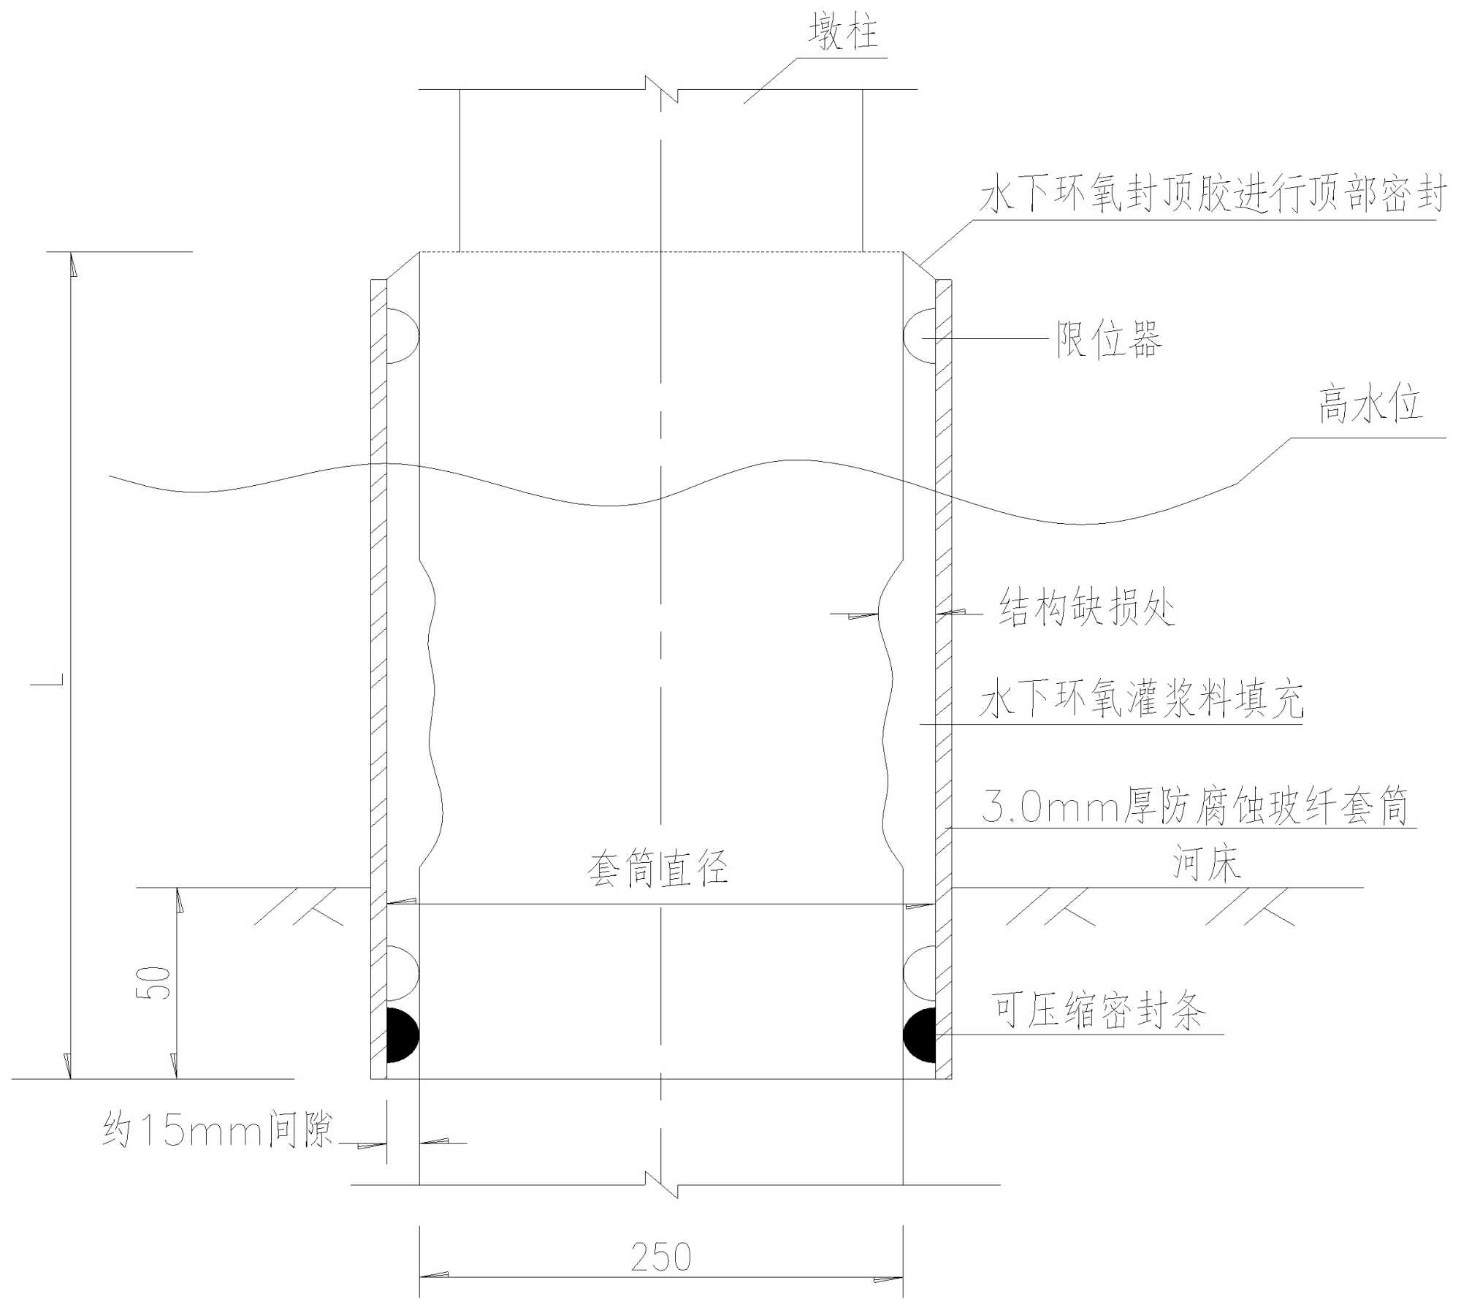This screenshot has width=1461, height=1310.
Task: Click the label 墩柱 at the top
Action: point(843,33)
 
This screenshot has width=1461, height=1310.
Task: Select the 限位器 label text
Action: point(1109,340)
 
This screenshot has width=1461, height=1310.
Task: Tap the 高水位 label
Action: point(1370,405)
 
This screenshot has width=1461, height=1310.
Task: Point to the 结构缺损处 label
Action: point(1087,608)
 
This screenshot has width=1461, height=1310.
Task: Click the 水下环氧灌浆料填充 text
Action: point(1141,700)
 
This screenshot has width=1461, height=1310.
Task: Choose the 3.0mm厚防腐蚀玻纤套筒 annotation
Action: point(1195,807)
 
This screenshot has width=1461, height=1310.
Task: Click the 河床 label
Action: point(1207,863)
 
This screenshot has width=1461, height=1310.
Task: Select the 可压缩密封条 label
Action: point(1098,1010)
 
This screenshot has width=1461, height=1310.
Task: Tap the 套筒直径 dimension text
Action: point(657,869)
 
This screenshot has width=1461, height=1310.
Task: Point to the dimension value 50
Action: point(154,983)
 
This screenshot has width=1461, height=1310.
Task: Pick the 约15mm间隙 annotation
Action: point(217,1130)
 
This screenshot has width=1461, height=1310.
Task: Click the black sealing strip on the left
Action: point(401,1035)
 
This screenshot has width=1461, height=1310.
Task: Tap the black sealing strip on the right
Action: point(920,1035)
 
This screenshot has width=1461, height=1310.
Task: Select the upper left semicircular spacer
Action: point(401,336)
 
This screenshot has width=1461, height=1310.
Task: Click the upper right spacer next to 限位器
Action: point(920,336)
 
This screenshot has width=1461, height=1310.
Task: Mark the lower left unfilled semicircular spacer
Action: point(401,973)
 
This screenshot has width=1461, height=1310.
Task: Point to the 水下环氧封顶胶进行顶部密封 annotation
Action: point(1213,196)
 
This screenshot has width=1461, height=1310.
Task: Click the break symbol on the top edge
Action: point(662,89)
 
